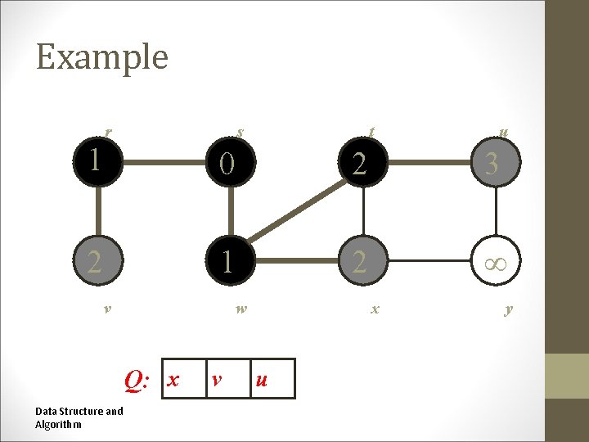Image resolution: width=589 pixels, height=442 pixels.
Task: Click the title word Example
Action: pyautogui.click(x=102, y=57)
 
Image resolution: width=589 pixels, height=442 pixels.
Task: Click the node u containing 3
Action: pyautogui.click(x=494, y=164)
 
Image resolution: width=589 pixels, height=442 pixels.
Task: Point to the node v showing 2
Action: pyautogui.click(x=97, y=262)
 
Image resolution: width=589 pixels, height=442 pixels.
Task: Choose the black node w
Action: pyautogui.click(x=230, y=262)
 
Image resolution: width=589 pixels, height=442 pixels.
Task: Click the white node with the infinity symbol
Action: pyautogui.click(x=494, y=262)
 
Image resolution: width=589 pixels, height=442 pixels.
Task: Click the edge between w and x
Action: pyautogui.click(x=296, y=263)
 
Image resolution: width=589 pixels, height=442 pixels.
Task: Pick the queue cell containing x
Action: pyautogui.click(x=184, y=380)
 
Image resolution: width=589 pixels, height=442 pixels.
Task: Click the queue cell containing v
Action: pyautogui.click(x=228, y=380)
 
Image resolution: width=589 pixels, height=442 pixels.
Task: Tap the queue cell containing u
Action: pyautogui.click(x=272, y=380)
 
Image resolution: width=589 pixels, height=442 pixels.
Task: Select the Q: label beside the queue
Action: pyautogui.click(x=136, y=380)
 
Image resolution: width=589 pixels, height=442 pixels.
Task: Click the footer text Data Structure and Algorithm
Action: pyautogui.click(x=79, y=417)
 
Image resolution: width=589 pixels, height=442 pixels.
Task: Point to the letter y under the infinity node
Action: pyautogui.click(x=509, y=309)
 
